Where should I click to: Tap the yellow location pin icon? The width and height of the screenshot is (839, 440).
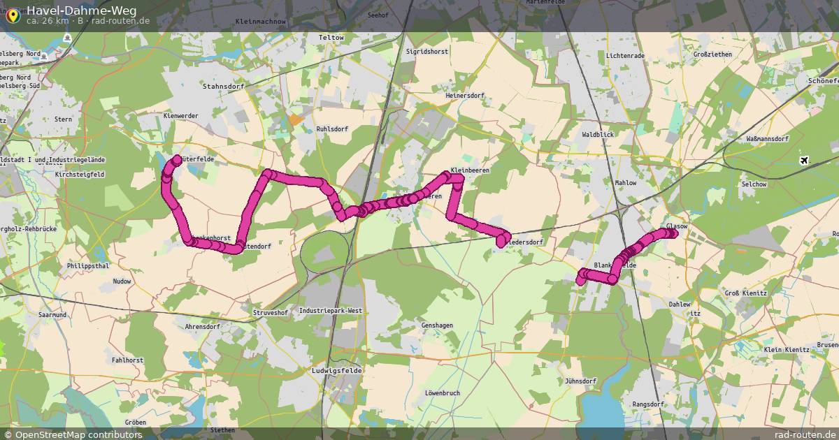click(12, 14)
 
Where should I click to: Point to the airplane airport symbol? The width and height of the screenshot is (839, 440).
click(804, 161)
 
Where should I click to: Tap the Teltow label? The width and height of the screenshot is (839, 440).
click(331, 37)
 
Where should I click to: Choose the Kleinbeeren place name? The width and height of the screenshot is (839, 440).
click(471, 170)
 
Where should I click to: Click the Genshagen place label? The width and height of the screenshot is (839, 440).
click(437, 325)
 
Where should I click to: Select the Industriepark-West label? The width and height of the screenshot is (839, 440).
click(331, 310)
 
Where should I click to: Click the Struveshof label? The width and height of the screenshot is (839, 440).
click(270, 313)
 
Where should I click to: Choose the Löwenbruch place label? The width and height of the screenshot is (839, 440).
click(442, 393)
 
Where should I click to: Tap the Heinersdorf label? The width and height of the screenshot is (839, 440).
click(465, 95)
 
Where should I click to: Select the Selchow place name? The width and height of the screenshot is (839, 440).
click(756, 184)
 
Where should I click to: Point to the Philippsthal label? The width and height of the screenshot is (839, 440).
click(88, 266)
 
